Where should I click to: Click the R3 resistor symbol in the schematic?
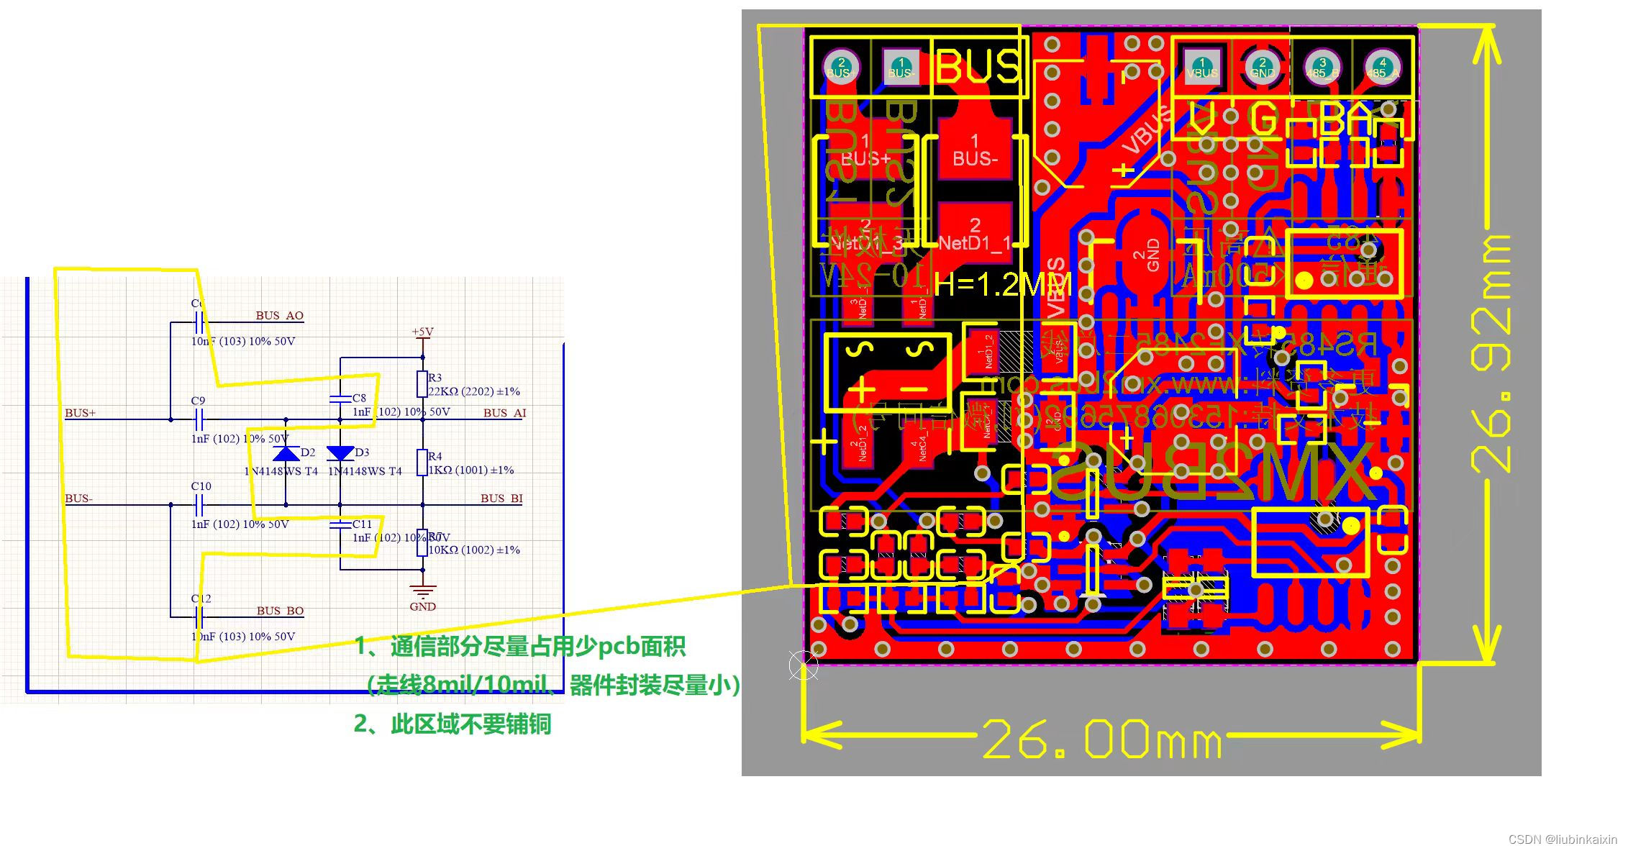(x=422, y=384)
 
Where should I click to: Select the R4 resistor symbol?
(x=422, y=463)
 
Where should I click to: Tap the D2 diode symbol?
(x=286, y=453)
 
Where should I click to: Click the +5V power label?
(x=422, y=332)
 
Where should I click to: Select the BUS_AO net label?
(x=279, y=315)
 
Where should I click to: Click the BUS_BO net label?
(x=280, y=611)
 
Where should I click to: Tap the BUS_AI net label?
(x=504, y=413)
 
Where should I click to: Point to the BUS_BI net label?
(x=501, y=499)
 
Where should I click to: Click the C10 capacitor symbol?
(x=199, y=505)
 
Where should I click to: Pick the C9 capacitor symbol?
(x=199, y=419)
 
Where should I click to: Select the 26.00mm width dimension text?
(x=1101, y=739)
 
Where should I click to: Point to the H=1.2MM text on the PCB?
(x=1002, y=285)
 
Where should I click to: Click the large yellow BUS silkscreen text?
(x=978, y=67)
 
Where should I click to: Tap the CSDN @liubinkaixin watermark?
(x=1562, y=839)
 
